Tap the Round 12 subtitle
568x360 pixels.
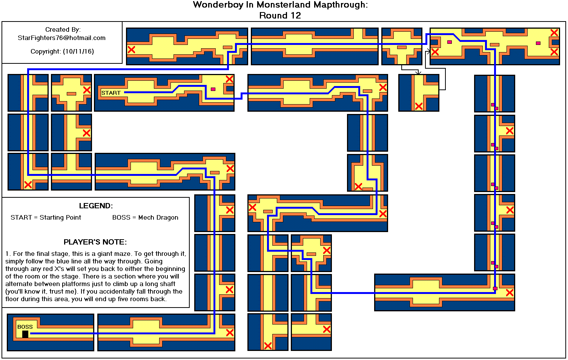(280, 15)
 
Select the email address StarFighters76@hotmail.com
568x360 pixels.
(61, 38)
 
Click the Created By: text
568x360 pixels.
(63, 29)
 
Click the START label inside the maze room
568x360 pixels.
(111, 93)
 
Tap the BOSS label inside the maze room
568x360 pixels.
(25, 327)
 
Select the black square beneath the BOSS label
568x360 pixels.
(25, 334)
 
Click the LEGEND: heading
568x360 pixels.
(96, 206)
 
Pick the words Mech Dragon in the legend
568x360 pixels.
(158, 217)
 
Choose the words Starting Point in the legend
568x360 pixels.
(60, 217)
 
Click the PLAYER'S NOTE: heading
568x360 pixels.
(95, 242)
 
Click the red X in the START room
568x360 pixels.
(229, 79)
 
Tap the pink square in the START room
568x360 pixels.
(213, 89)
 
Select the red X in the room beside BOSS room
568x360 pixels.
(230, 332)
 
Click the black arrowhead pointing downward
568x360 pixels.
(418, 72)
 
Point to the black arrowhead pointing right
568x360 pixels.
(428, 52)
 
